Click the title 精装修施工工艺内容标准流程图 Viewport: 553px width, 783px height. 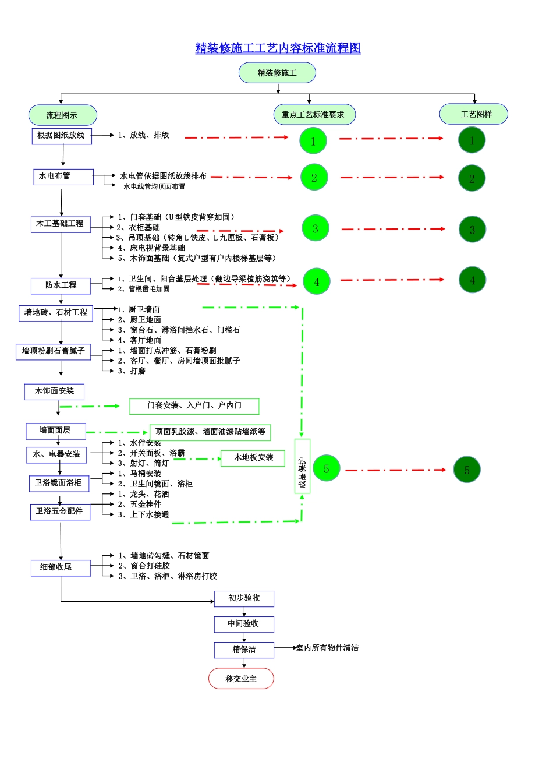pyautogui.click(x=278, y=48)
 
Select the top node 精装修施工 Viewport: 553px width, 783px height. pyautogui.click(x=277, y=73)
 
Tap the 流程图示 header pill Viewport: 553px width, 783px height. pyautogui.click(x=62, y=115)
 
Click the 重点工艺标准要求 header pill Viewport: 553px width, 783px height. pyautogui.click(x=314, y=115)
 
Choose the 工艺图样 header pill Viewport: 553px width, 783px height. pyautogui.click(x=474, y=114)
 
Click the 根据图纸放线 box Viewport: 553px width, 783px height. pyautogui.click(x=61, y=136)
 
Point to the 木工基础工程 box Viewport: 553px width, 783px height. pyautogui.click(x=61, y=224)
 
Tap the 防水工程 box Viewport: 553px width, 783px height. pyautogui.click(x=61, y=285)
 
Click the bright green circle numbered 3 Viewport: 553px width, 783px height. pyautogui.click(x=316, y=228)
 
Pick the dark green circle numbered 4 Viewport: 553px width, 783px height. pyautogui.click(x=472, y=280)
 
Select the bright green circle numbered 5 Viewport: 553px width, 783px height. pyautogui.click(x=327, y=468)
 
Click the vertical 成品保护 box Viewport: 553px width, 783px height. pyautogui.click(x=302, y=466)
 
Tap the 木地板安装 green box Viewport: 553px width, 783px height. pyautogui.click(x=253, y=458)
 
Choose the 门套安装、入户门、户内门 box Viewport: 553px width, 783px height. pyautogui.click(x=194, y=406)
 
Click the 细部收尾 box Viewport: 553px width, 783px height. pyautogui.click(x=61, y=567)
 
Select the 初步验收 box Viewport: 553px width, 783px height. pyautogui.click(x=244, y=598)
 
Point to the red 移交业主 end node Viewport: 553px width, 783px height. pyautogui.click(x=241, y=679)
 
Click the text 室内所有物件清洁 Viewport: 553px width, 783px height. pyautogui.click(x=327, y=648)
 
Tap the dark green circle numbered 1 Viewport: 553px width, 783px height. pyautogui.click(x=472, y=140)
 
